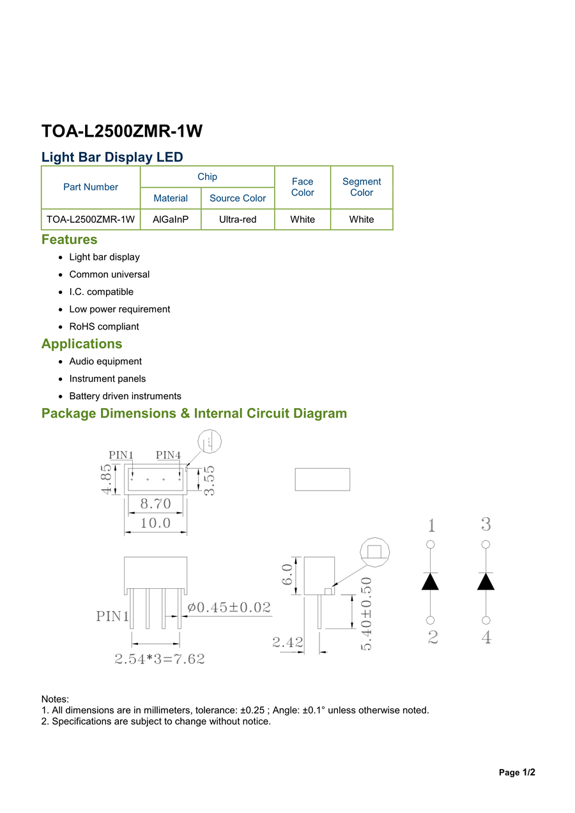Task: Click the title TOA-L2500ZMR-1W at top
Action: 122,131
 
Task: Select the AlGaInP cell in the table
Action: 171,219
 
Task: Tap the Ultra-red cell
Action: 238,219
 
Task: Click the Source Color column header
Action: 238,198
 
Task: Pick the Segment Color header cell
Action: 362,187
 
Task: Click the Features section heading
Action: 70,239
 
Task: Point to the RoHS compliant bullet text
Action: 104,326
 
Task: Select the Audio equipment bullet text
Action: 105,361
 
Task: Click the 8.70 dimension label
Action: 155,503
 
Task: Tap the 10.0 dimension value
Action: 155,523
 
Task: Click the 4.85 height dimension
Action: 106,479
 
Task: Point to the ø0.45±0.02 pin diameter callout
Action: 229,607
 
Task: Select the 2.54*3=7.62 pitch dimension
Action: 160,658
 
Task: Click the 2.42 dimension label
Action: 287,642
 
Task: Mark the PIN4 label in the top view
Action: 168,455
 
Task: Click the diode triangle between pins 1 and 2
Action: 430,581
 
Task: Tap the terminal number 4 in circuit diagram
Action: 486,637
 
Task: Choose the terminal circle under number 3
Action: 486,544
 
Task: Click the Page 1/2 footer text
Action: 517,772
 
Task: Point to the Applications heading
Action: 82,344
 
